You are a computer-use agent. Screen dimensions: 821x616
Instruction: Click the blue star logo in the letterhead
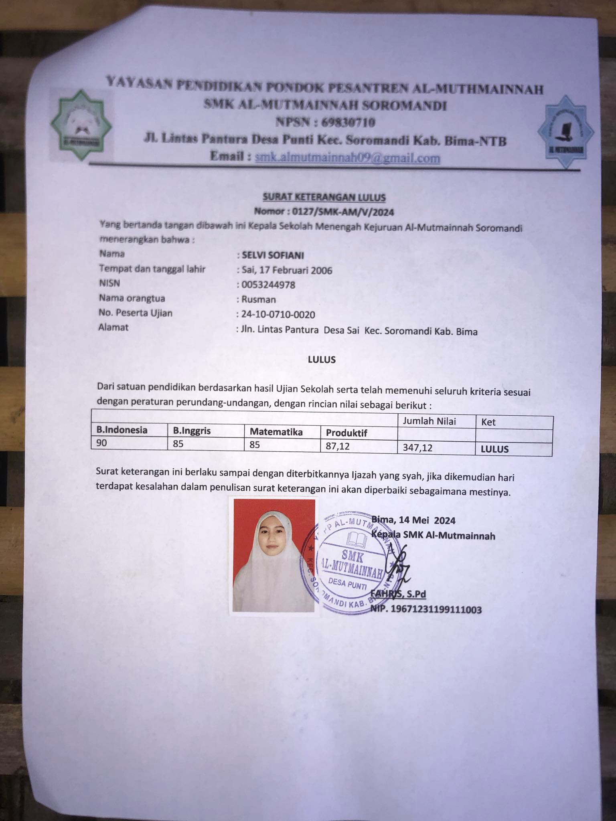(x=566, y=131)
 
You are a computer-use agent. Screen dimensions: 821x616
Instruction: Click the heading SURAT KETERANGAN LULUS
(x=324, y=197)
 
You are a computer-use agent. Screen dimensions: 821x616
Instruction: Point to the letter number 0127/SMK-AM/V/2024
(x=343, y=212)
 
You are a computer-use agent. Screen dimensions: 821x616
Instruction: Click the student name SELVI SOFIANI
(x=273, y=255)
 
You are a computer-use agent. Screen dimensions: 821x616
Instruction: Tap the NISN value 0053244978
(x=268, y=285)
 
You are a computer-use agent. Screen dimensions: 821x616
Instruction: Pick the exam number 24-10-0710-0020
(x=278, y=315)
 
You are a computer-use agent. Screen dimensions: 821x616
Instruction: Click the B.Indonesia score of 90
(x=102, y=443)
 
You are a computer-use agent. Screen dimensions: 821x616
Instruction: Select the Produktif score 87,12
(x=338, y=446)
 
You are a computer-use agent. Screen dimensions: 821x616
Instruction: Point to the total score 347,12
(x=417, y=447)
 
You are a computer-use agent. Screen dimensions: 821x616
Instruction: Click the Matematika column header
(x=276, y=432)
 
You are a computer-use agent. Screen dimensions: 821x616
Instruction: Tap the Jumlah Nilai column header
(x=429, y=421)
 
